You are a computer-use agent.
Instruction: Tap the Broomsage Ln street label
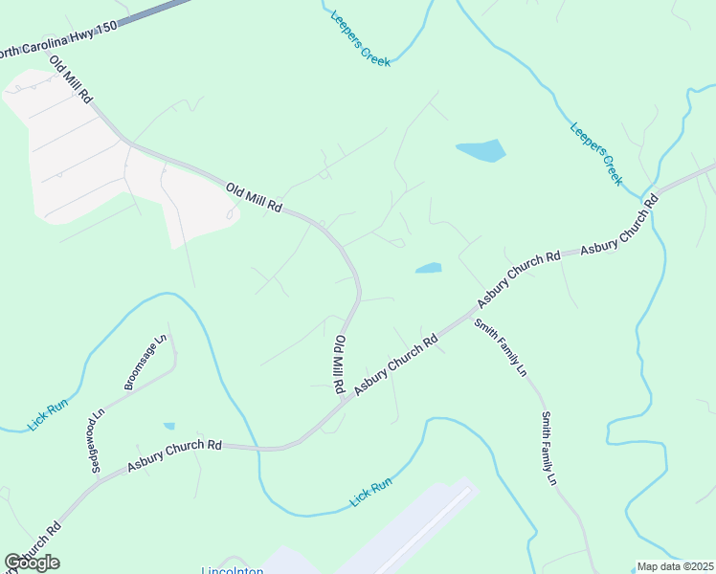(145, 363)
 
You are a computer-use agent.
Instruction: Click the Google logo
(32, 563)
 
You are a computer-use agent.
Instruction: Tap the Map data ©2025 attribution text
(676, 566)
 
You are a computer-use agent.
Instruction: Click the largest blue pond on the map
(481, 150)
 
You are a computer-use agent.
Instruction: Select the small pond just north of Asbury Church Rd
(429, 268)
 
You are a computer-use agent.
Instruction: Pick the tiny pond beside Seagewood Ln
(169, 426)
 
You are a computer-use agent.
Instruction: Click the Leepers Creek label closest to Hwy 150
(360, 38)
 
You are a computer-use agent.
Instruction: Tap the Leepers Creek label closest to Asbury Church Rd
(596, 153)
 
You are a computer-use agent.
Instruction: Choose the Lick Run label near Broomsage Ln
(48, 415)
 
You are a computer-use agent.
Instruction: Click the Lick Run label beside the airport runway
(371, 493)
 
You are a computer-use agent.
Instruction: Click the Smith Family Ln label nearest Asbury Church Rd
(501, 346)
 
